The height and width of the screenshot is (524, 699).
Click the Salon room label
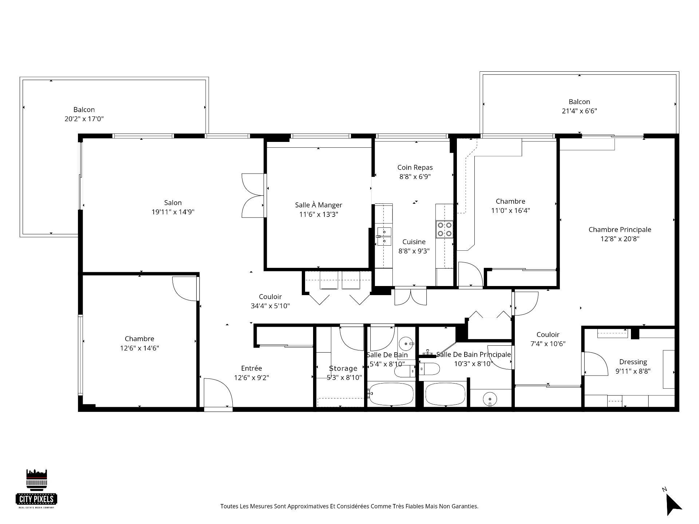(x=173, y=203)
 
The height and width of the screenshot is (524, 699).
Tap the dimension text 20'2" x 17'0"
(x=84, y=119)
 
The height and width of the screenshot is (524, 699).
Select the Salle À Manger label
(x=319, y=205)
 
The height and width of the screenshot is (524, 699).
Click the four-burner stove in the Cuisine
(x=445, y=229)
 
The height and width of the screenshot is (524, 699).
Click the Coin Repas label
(x=415, y=167)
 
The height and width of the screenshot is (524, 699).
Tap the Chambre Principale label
(x=620, y=230)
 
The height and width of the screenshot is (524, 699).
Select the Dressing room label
(x=633, y=362)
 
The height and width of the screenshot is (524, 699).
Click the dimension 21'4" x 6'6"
(x=579, y=111)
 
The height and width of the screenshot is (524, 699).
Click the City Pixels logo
(x=37, y=488)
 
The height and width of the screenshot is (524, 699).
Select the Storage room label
(x=343, y=368)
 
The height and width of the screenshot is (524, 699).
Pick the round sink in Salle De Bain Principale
(x=490, y=399)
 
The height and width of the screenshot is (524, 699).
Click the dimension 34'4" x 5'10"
(x=270, y=306)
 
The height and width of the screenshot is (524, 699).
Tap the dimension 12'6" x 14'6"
(x=139, y=348)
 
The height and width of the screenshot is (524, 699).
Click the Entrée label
(x=251, y=368)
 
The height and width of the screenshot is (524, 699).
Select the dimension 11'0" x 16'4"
(x=510, y=210)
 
